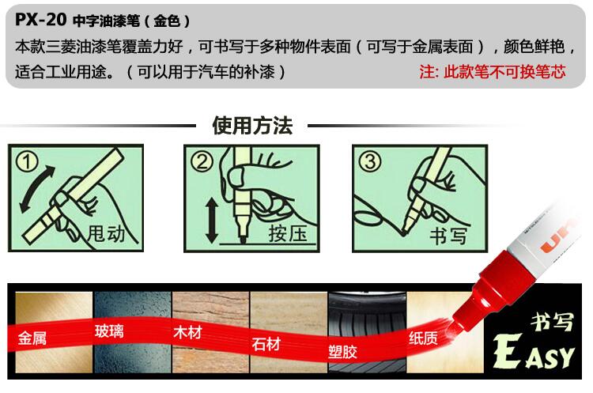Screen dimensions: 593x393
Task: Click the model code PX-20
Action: pyautogui.click(x=41, y=19)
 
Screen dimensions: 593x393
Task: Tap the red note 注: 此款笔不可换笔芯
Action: pyautogui.click(x=493, y=71)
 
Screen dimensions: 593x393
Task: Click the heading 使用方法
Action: pyautogui.click(x=252, y=125)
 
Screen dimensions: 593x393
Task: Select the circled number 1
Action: pyautogui.click(x=26, y=162)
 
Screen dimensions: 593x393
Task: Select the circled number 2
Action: pyautogui.click(x=202, y=162)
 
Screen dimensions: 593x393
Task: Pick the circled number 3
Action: pyautogui.click(x=370, y=162)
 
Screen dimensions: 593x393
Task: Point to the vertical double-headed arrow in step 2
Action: pyautogui.click(x=212, y=221)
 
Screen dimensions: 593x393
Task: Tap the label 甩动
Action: pyautogui.click(x=106, y=234)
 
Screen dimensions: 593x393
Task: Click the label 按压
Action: pyautogui.click(x=288, y=234)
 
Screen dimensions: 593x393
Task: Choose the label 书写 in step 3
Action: pyautogui.click(x=448, y=236)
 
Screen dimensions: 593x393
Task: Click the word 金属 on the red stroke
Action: pyautogui.click(x=32, y=338)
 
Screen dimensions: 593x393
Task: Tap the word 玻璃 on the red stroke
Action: pyautogui.click(x=109, y=331)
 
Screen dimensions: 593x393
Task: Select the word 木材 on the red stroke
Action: pyautogui.click(x=187, y=332)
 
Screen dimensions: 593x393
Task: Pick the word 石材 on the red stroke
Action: pyautogui.click(x=266, y=344)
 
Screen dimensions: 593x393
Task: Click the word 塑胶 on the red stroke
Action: pyautogui.click(x=342, y=352)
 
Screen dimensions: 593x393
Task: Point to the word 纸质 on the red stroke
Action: pyautogui.click(x=423, y=338)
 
